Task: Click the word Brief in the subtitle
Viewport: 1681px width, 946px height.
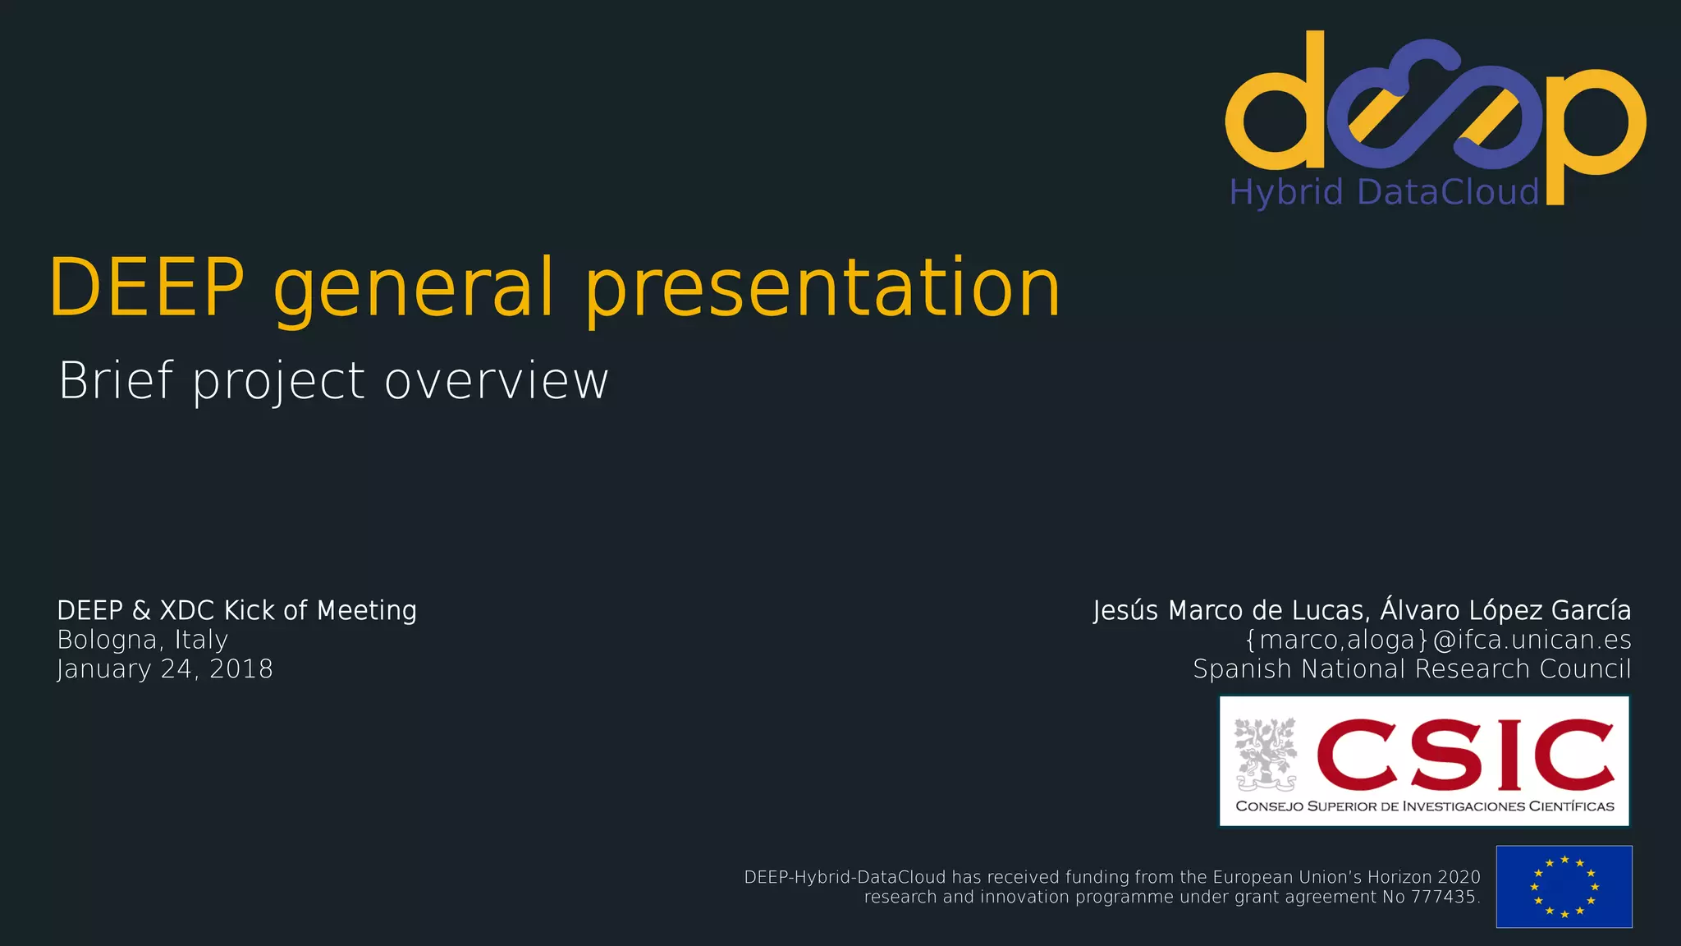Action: [x=116, y=381]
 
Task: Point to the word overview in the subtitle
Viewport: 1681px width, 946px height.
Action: [x=497, y=383]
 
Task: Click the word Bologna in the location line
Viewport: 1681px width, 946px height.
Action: [x=107, y=640]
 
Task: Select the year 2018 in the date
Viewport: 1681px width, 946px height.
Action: [x=241, y=669]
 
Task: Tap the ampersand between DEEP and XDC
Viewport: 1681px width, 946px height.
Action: [x=141, y=611]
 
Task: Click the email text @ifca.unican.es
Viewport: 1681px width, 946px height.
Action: [x=1532, y=640]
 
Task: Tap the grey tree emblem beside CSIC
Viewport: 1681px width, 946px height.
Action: [x=1266, y=754]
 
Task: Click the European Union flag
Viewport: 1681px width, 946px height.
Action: [x=1564, y=887]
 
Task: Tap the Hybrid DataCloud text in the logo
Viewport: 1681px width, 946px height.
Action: [x=1384, y=192]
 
